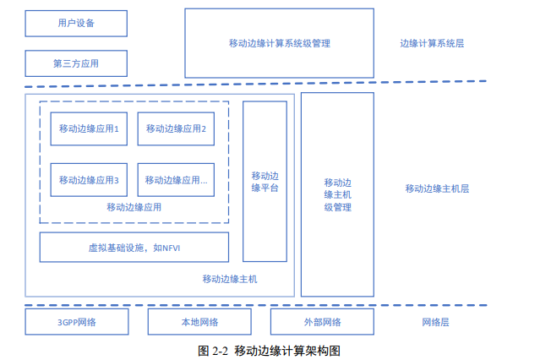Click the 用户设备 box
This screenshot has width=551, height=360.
pyautogui.click(x=76, y=24)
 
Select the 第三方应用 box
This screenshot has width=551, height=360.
pyautogui.click(x=76, y=63)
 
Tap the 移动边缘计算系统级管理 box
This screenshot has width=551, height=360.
pyautogui.click(x=279, y=43)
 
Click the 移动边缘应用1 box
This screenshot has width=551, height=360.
pyautogui.click(x=89, y=129)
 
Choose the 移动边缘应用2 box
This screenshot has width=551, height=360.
pyautogui.click(x=176, y=129)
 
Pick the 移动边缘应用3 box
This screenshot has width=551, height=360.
pyautogui.click(x=89, y=180)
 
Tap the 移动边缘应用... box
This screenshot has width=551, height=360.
pyautogui.click(x=176, y=180)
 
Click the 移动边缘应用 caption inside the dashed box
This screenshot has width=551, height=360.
pyautogui.click(x=134, y=207)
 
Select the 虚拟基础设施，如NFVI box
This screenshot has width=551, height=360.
pyautogui.click(x=134, y=248)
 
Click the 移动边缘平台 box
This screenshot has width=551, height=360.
pyautogui.click(x=265, y=182)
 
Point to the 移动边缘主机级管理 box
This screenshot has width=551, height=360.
pyautogui.click(x=337, y=194)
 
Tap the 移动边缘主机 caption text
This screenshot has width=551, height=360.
pyautogui.click(x=230, y=279)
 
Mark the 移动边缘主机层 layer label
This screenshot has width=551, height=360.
pyautogui.click(x=437, y=188)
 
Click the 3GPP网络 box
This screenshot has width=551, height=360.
pyautogui.click(x=77, y=322)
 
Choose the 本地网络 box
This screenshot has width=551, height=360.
pyautogui.click(x=199, y=322)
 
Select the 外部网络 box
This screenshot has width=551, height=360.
pyautogui.click(x=322, y=322)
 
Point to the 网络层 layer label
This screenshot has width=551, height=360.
pyautogui.click(x=435, y=322)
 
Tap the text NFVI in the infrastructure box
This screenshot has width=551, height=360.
pyautogui.click(x=173, y=248)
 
